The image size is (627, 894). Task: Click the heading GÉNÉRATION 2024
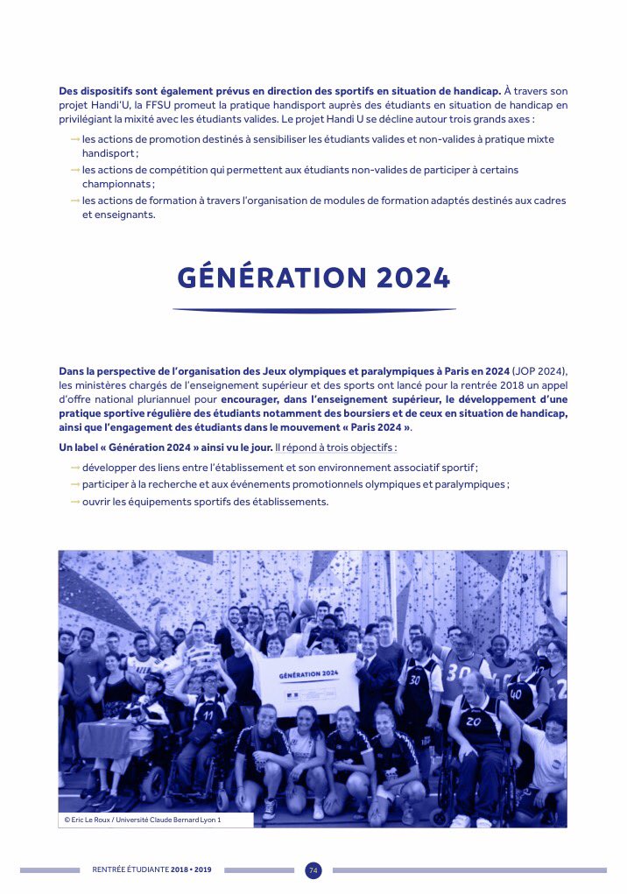coord(313,278)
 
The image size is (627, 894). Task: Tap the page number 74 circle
coord(313,870)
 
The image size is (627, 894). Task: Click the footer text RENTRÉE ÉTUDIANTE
coord(130,870)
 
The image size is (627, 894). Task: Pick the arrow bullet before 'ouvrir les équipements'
coord(75,502)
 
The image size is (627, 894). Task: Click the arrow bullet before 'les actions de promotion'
coord(75,139)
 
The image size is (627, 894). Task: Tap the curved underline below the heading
coord(313,310)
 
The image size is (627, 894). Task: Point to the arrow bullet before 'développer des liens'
coord(75,468)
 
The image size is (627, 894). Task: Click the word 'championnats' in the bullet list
coord(118,184)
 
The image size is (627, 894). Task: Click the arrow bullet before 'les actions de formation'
coord(75,201)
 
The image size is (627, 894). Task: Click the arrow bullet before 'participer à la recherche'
coord(75,484)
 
